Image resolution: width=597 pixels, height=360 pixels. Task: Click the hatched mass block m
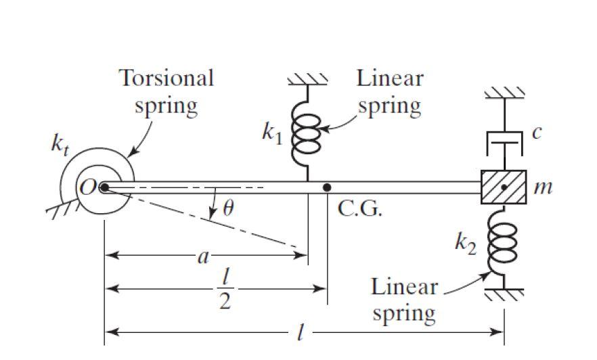[x=504, y=187]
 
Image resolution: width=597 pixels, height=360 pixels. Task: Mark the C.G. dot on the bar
[x=327, y=187]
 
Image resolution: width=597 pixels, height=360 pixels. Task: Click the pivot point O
[x=104, y=187]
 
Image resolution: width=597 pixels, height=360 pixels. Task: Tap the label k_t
[x=61, y=145]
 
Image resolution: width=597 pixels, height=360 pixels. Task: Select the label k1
[x=273, y=134]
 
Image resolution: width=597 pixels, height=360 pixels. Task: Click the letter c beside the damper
[x=536, y=133]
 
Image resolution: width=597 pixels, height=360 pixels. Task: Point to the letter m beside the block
[x=544, y=187]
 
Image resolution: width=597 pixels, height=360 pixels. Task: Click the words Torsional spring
[x=167, y=91]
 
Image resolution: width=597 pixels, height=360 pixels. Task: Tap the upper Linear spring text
[x=389, y=91]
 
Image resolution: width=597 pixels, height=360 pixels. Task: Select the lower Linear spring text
[x=403, y=300]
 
